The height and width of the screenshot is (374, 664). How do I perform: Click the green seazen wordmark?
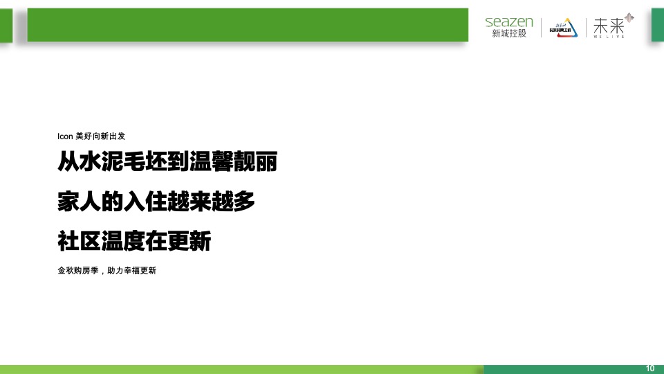[x=509, y=22]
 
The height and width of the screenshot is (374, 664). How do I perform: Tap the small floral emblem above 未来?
[x=629, y=17]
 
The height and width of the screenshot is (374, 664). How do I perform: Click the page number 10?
[x=650, y=367]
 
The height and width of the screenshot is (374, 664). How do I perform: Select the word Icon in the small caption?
[x=64, y=136]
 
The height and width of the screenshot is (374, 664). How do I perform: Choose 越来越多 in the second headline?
[x=211, y=202]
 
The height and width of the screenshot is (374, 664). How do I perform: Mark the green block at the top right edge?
[x=657, y=24]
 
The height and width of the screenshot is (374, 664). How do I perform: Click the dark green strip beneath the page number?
[x=573, y=370]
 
